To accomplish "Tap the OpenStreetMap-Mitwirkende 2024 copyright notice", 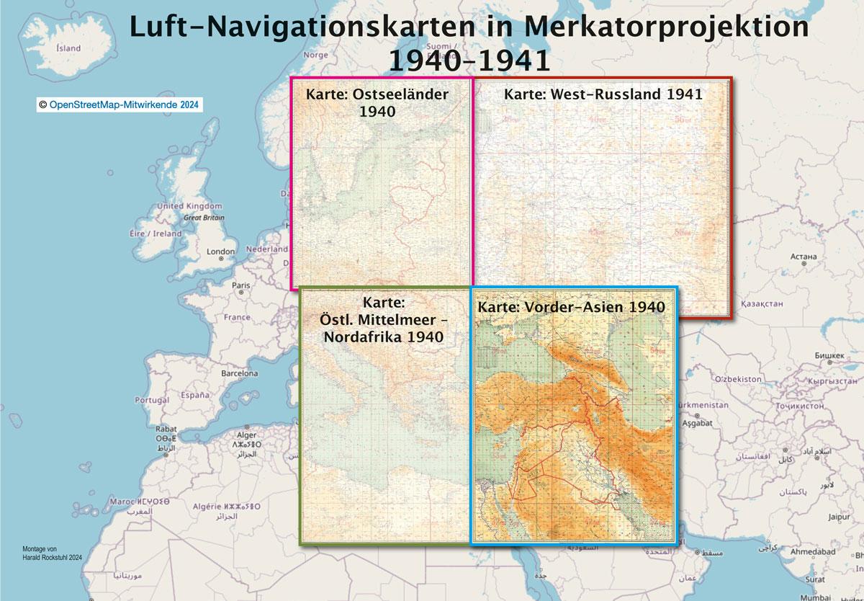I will [120, 104].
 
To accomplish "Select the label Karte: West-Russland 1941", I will [603, 94].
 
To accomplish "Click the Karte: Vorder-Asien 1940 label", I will [570, 307].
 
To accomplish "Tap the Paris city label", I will [241, 285].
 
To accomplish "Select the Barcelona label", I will [239, 373].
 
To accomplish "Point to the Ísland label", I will [68, 49].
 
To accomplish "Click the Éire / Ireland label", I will [156, 233].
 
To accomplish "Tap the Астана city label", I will [803, 256].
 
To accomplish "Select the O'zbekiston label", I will [738, 378].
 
